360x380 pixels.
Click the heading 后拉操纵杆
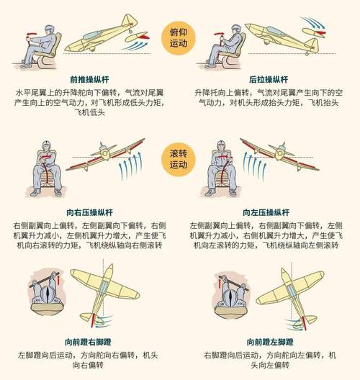269,81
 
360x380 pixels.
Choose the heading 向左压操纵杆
269,214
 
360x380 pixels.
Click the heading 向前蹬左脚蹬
269,341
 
